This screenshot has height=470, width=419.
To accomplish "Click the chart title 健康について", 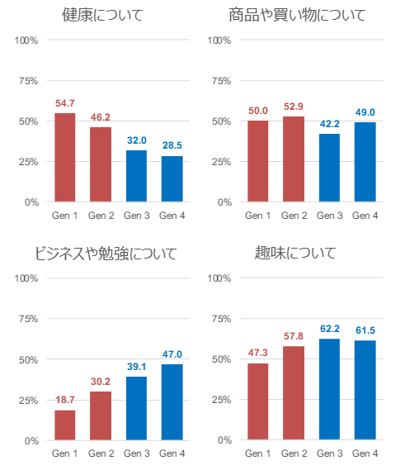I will coord(102,14).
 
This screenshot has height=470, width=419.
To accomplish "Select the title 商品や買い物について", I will coord(297,14).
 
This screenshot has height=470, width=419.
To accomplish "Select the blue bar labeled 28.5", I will coord(172,178).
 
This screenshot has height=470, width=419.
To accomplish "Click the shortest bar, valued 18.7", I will coord(65,425).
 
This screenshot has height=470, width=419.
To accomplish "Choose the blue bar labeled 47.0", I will coord(172,402).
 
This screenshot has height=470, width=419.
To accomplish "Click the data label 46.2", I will coord(101,118).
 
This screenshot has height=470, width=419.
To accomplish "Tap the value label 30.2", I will coord(101,382).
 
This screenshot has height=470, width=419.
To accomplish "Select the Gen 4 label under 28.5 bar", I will coord(172,216).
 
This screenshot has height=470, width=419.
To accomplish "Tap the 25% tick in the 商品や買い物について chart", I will coord(219,162).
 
